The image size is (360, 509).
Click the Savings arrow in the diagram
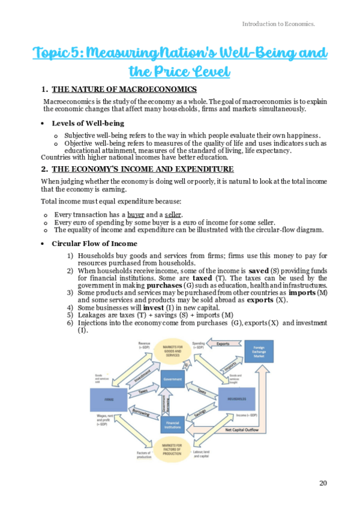pyautogui.click(x=201, y=411)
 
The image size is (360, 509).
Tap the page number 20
pyautogui.click(x=323, y=483)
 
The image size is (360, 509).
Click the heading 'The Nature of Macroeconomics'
pyautogui.click(x=116, y=90)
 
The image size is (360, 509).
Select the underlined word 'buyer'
pyautogui.click(x=136, y=214)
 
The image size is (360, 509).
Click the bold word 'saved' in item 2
pyautogui.click(x=258, y=271)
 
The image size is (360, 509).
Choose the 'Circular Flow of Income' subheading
pyautogui.click(x=94, y=243)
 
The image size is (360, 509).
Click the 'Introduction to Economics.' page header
pyautogui.click(x=278, y=24)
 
